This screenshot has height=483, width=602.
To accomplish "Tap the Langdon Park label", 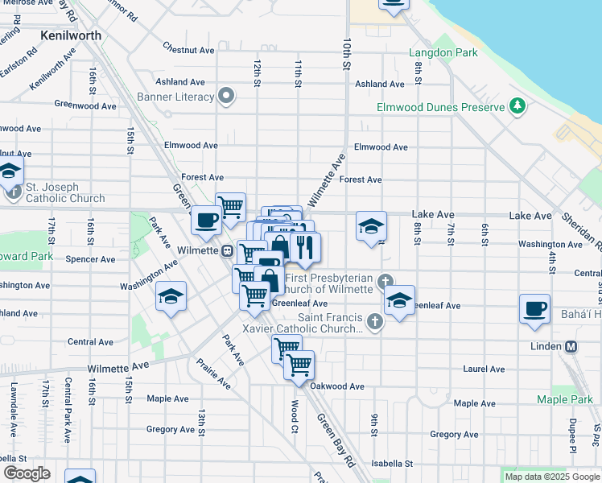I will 443,53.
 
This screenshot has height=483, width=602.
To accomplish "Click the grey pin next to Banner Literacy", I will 227,97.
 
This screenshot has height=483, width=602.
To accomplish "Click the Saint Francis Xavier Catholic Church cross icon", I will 373,322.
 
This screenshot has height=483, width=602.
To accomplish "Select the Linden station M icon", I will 571,346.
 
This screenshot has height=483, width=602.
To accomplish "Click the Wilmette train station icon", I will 228,250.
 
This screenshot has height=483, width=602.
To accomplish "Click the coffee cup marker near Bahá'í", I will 534,308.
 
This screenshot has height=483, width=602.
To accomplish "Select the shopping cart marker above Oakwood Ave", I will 299,363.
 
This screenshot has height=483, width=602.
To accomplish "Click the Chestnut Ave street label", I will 188,50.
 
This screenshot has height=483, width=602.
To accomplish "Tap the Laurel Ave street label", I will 484,369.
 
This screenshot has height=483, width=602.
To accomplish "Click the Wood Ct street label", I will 295,411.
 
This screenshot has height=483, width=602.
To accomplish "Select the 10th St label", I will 348,52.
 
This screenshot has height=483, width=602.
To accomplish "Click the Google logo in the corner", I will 27,473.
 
